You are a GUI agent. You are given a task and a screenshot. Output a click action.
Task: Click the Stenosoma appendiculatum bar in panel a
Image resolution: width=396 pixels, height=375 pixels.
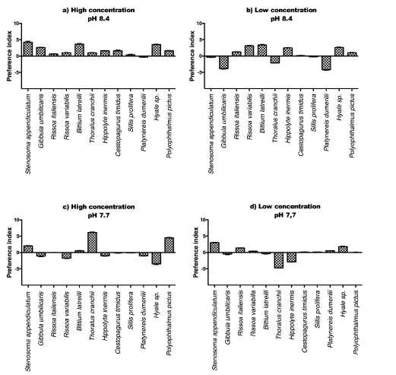point(28,49)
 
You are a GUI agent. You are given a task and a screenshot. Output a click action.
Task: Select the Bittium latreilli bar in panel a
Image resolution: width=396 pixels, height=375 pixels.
point(79,49)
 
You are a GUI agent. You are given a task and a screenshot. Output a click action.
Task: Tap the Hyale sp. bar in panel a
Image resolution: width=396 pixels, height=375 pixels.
point(157,50)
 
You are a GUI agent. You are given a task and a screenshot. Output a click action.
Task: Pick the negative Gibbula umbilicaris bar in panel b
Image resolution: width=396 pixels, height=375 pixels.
point(223,62)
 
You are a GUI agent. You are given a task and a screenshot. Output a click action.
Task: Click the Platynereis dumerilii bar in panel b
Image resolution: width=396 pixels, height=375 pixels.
point(326,63)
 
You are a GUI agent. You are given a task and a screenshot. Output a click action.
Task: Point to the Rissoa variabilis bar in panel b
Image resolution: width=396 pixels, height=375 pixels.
point(249,51)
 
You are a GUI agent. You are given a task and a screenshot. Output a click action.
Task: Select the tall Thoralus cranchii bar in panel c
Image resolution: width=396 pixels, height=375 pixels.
point(92,242)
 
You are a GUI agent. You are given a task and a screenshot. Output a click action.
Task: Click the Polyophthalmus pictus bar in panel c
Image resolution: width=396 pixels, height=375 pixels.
point(169,245)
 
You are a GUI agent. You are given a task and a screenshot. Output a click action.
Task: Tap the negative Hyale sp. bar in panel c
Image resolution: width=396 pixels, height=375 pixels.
point(157,259)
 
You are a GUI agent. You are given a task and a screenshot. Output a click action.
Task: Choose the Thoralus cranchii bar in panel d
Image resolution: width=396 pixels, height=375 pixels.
point(279,260)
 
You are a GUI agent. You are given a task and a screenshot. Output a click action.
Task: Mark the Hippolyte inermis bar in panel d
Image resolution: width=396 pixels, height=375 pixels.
point(292,257)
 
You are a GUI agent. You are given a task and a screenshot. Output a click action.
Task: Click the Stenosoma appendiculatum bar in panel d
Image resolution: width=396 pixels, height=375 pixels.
point(214,247)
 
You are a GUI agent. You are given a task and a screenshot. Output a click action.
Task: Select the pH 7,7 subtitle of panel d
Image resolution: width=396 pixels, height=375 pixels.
point(285,215)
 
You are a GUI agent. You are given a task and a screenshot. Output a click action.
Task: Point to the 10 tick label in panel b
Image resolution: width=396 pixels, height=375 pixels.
point(199,24)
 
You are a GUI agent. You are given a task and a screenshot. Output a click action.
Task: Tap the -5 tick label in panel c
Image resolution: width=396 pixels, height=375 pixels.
point(16,269)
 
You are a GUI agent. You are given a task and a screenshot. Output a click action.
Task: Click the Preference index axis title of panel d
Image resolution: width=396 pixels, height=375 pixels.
point(195,253)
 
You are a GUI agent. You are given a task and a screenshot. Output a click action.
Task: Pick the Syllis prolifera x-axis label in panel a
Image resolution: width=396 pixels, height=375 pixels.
point(131,113)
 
